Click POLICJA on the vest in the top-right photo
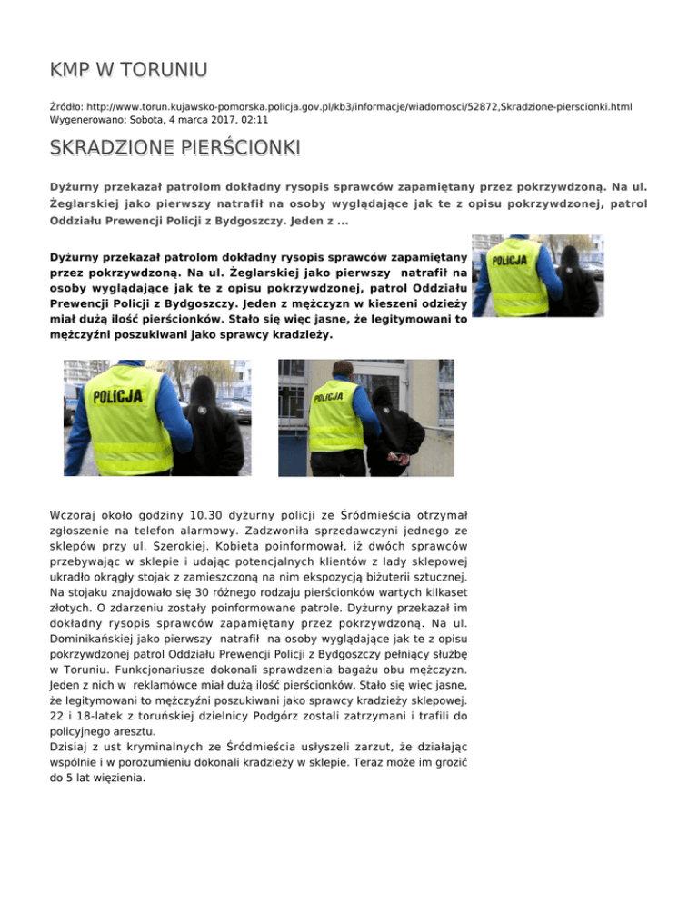510,262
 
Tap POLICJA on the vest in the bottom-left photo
116,396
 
